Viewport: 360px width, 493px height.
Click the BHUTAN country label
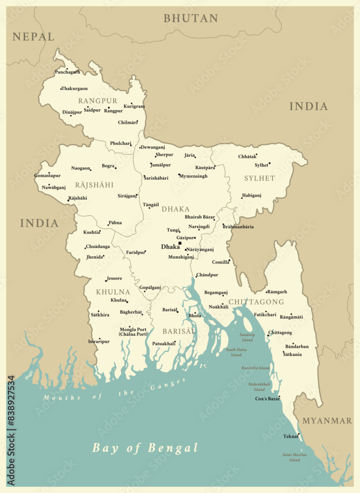tap(191, 19)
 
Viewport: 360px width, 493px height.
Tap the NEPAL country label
tap(34, 36)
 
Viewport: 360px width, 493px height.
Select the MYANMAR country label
tap(327, 421)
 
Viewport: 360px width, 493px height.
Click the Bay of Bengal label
tap(145, 448)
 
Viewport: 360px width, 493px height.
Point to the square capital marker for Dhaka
tap(180, 243)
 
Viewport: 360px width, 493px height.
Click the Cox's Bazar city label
tap(267, 398)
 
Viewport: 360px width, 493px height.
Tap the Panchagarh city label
tap(68, 72)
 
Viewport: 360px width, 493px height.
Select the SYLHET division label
tap(259, 178)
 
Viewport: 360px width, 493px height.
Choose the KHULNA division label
tap(113, 292)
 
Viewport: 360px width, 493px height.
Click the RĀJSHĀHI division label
tap(94, 185)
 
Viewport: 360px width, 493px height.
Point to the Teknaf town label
tap(290, 436)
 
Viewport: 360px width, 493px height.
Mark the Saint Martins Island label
tap(294, 457)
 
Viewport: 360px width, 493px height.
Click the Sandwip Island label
tap(247, 337)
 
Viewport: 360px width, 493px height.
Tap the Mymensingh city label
tap(193, 176)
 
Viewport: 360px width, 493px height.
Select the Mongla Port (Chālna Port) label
tap(133, 332)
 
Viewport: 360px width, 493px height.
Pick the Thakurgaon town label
tap(74, 89)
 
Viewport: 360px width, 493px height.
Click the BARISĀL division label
tap(179, 331)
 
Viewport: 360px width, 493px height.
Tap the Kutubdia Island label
tap(255, 368)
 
